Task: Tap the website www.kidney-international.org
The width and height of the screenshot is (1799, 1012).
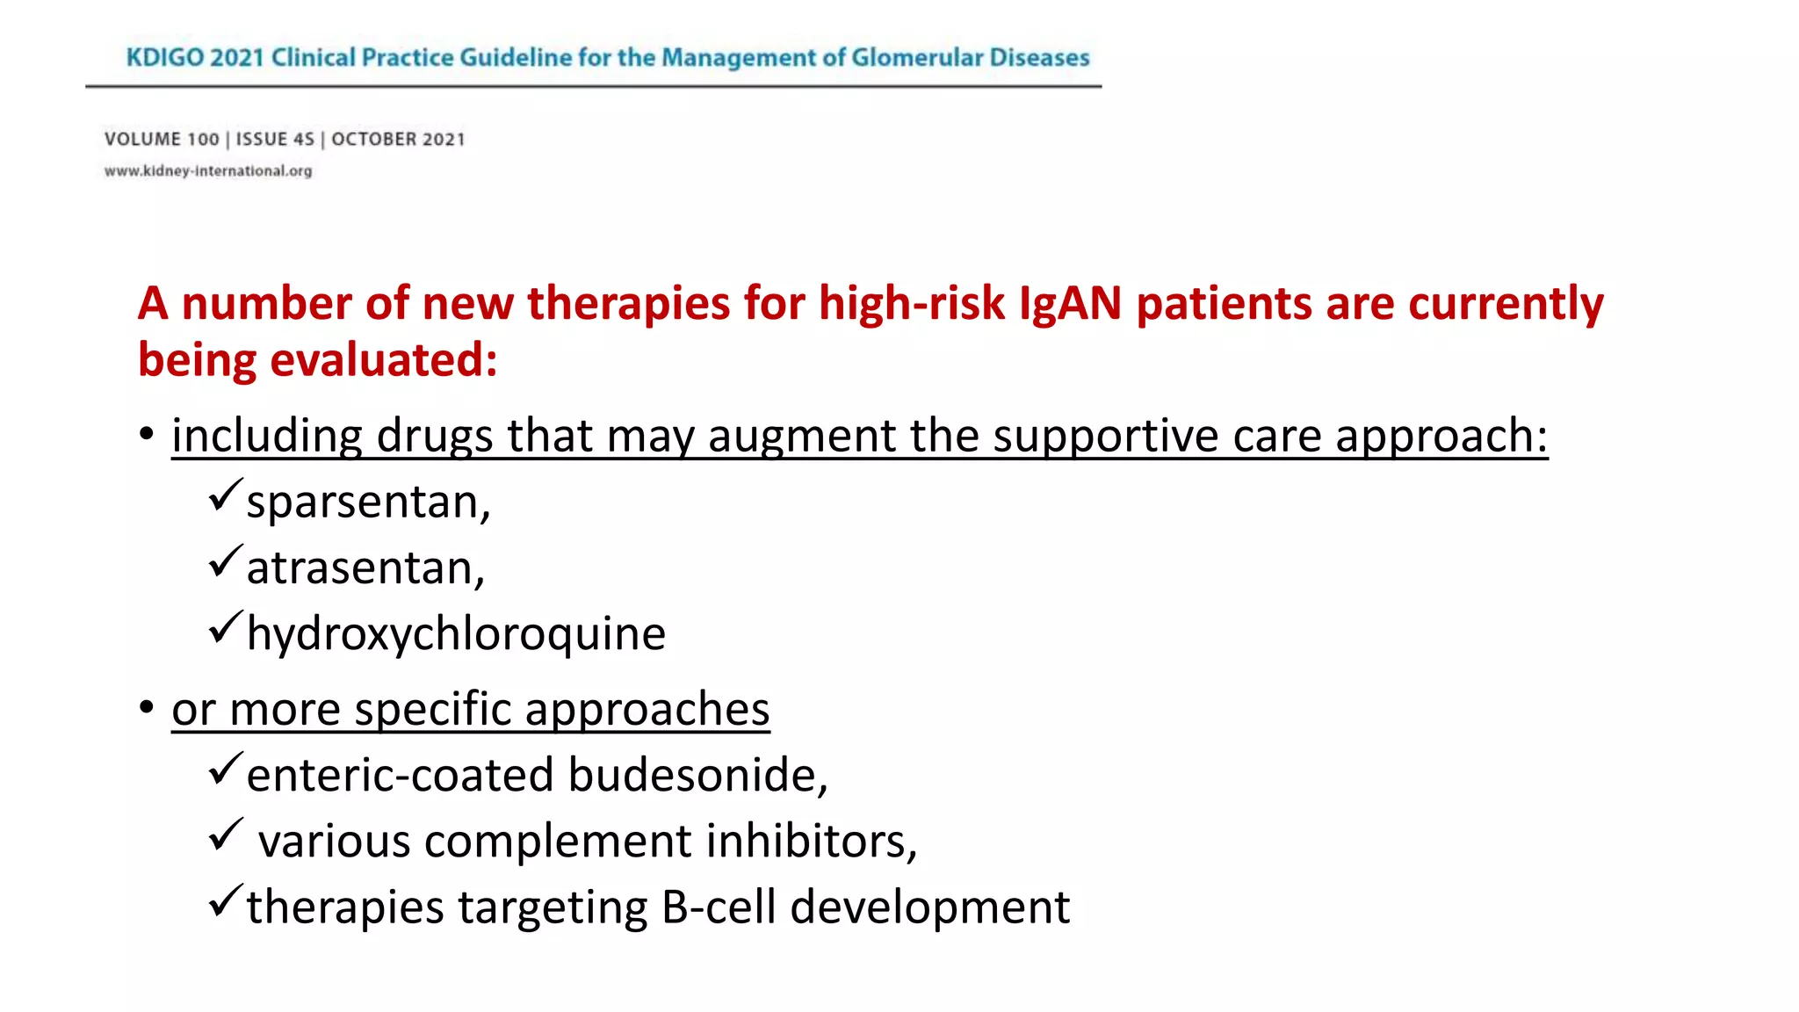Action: pos(208,171)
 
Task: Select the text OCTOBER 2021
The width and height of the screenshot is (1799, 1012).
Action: pos(398,140)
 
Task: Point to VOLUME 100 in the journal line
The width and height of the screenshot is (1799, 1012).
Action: pos(162,140)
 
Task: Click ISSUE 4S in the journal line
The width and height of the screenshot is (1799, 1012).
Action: pos(275,140)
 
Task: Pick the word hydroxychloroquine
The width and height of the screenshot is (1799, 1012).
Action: pos(456,634)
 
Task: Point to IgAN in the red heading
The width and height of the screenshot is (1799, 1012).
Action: pos(1070,304)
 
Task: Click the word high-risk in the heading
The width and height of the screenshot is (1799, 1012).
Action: pos(912,304)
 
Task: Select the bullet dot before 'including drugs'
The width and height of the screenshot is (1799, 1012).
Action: pos(147,433)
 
